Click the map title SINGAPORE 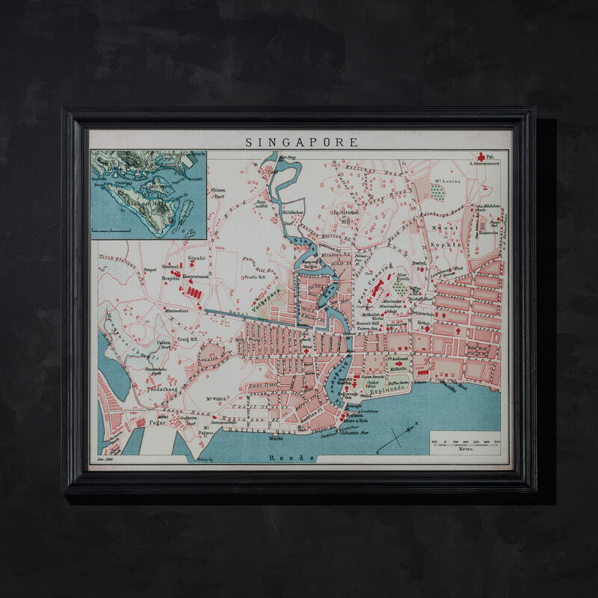point(302,141)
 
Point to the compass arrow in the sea point(397,437)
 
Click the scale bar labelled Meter point(464,442)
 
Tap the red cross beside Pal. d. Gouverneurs point(480,158)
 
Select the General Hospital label point(170,271)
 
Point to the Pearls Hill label point(255,275)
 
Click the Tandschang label point(163,389)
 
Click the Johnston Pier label point(354,431)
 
